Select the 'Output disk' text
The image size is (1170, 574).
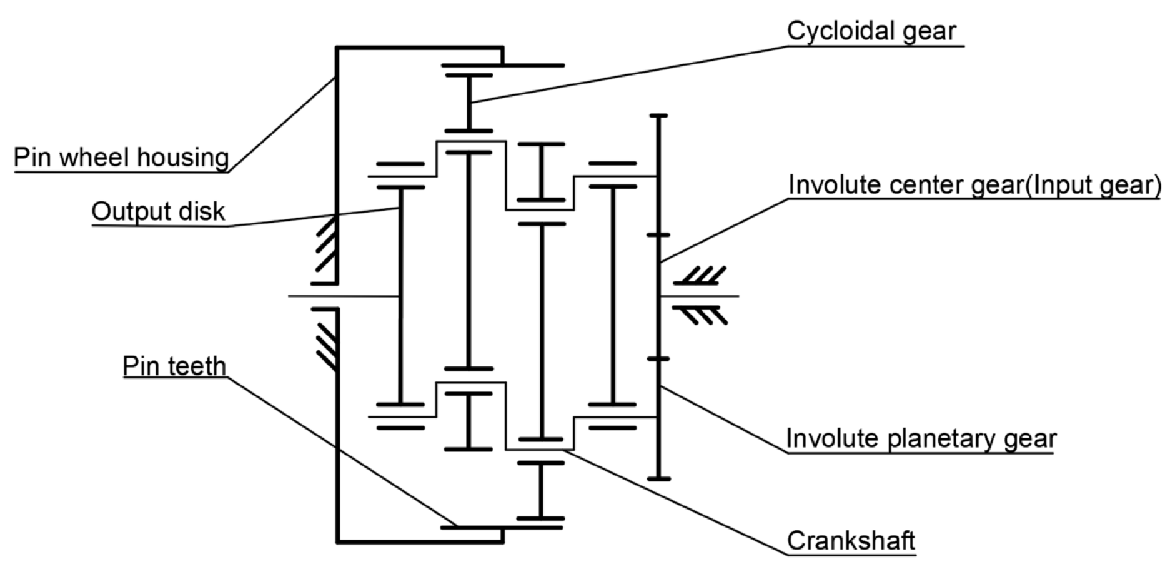coord(157,212)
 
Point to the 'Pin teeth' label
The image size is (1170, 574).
coord(174,366)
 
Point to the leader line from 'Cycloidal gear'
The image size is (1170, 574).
coord(625,74)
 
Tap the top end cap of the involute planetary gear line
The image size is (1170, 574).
coord(658,116)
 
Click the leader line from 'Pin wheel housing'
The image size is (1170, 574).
coord(281,125)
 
